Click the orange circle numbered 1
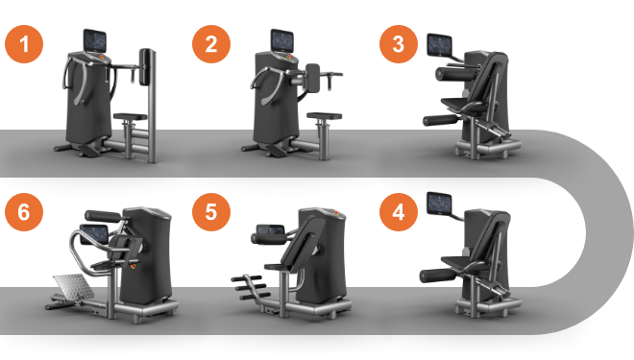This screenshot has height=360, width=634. click(24, 44)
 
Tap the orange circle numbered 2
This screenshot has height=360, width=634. click(211, 44)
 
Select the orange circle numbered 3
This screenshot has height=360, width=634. click(399, 44)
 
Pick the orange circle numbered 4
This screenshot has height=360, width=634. click(399, 212)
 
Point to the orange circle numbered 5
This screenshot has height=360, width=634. click(211, 212)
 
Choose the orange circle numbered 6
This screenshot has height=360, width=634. click(24, 212)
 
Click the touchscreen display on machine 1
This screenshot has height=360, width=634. click(95, 40)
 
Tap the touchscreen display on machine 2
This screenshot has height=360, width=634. click(281, 40)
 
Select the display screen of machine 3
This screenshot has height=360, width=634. click(440, 45)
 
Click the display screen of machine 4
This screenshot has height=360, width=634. click(440, 204)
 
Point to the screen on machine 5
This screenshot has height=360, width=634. click(271, 230)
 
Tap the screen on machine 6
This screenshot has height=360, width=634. click(94, 235)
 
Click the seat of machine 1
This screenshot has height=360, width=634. click(131, 117)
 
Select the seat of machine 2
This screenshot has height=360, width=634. click(324, 116)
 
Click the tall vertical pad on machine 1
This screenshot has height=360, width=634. click(146, 67)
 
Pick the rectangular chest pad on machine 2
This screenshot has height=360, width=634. click(312, 77)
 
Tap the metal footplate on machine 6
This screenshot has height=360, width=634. click(74, 287)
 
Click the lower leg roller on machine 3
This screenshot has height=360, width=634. click(441, 120)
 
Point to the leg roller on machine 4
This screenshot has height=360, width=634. click(438, 276)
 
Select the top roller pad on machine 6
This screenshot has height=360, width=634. click(103, 216)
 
